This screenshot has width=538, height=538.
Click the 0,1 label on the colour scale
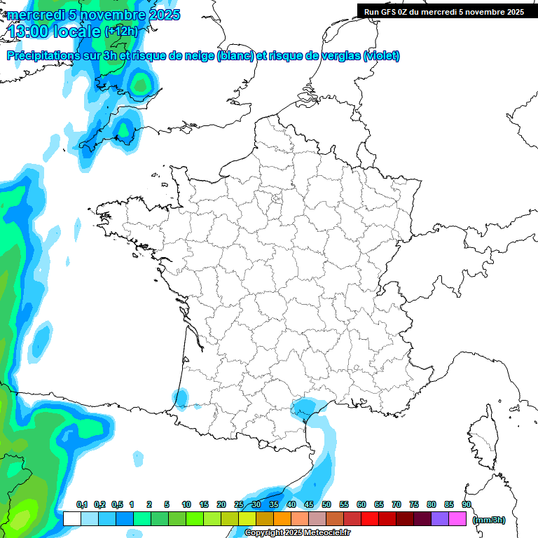pos(82,504)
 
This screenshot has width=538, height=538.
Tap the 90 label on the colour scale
pos(466,504)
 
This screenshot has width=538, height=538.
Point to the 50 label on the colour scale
pos(326,504)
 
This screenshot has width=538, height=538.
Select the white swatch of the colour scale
pos(71,518)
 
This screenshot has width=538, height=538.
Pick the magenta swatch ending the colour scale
pos(457,518)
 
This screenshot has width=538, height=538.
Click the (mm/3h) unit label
pos(489,520)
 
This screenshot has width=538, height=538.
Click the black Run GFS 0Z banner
pos(443,11)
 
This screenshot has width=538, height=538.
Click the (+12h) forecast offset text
pos(121,31)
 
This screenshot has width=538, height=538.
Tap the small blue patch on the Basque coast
pos(180,399)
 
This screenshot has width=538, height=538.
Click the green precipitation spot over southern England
pos(141,86)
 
